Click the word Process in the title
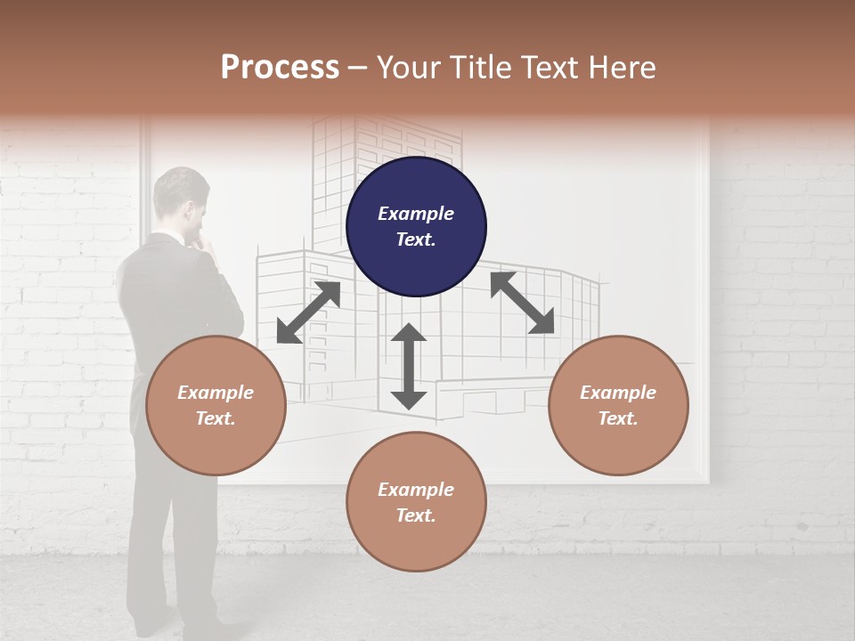coord(280,68)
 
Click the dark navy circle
coord(416,227)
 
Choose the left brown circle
coord(216,405)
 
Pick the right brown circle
coord(618,405)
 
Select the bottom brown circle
coord(416,502)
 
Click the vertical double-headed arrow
coord(409,366)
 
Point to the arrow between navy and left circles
coord(308,312)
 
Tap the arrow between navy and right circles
coord(523,303)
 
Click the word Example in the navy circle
coord(416,214)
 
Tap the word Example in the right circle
coord(618,393)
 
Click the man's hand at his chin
coord(207,238)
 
